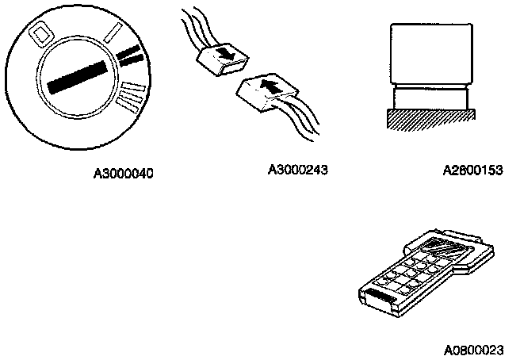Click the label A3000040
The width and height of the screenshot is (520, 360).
point(123,173)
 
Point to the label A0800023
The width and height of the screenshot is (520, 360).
point(478,347)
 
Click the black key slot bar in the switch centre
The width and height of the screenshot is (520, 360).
point(79,75)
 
